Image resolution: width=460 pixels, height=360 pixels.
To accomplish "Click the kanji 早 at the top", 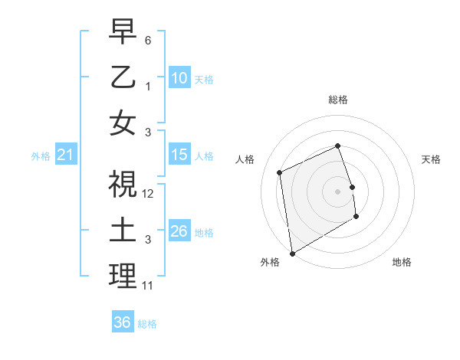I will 123,33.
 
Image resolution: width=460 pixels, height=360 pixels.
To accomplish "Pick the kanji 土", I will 123,231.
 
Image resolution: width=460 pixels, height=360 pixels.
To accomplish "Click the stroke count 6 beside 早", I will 148,39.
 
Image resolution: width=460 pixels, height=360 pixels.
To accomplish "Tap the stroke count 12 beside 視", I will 148,193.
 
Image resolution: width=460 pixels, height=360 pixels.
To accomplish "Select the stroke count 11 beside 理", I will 148,286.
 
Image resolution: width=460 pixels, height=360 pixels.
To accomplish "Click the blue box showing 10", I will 179,78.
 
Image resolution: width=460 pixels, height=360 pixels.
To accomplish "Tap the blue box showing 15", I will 179,155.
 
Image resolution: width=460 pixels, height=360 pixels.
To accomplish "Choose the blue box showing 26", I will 179,231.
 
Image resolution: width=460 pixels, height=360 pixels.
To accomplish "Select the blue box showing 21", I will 65,155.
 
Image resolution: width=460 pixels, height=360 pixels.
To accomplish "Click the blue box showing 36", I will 122,322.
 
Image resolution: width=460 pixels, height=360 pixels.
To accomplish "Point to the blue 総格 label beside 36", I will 147,324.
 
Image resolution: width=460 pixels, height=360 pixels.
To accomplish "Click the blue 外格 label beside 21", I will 41,156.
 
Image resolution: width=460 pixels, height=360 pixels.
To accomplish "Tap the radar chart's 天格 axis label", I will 431,159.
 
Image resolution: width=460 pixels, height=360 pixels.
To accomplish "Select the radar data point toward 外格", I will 292,253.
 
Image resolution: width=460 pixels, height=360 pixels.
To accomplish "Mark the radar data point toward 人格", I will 280,172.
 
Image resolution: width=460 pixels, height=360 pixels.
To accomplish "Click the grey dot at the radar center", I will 337,191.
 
